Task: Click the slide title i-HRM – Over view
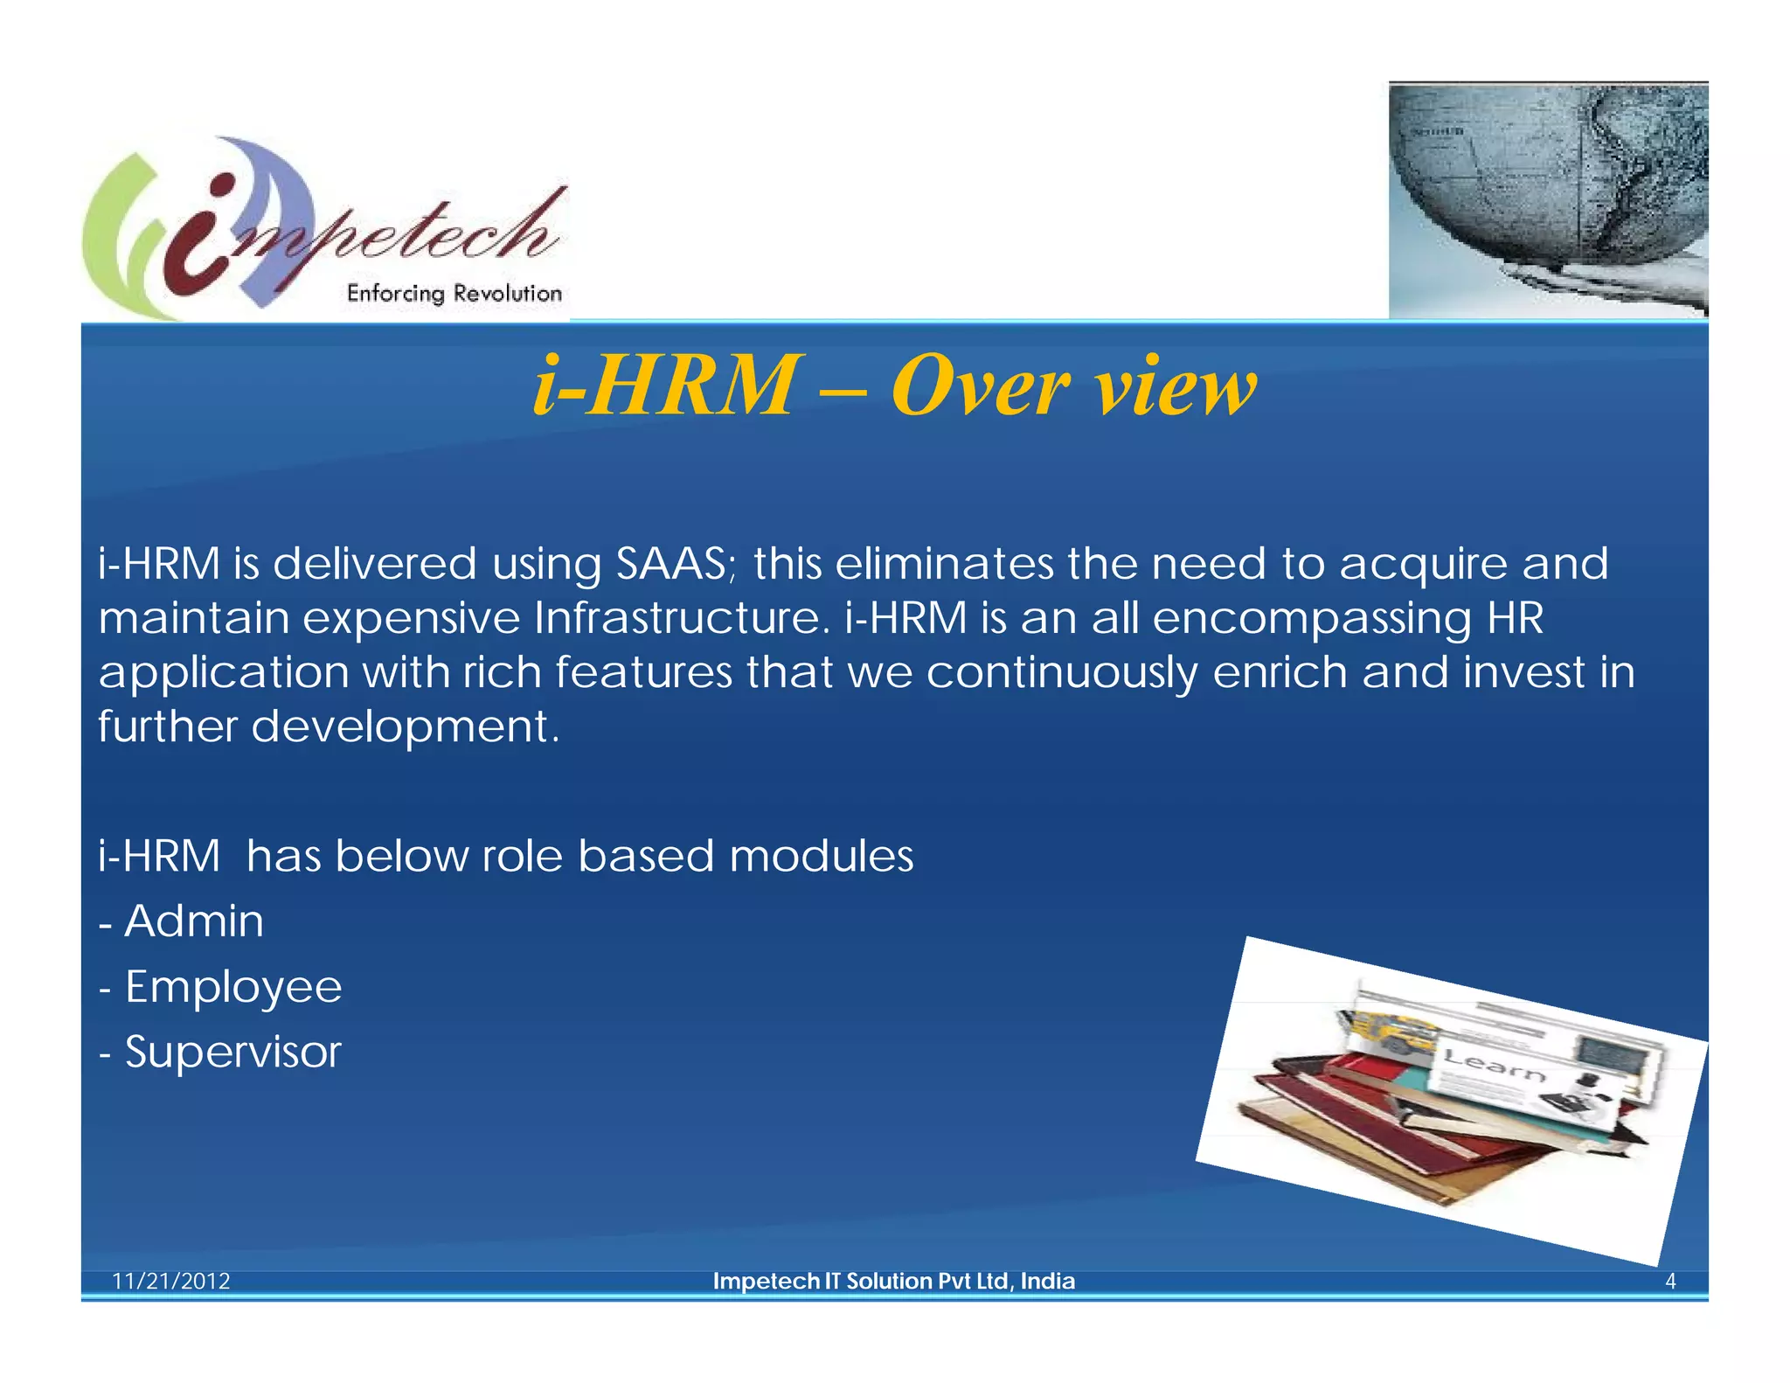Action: (894, 386)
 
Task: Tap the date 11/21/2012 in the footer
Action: (171, 1281)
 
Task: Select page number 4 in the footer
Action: (1669, 1281)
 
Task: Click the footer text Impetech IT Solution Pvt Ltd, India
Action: (893, 1281)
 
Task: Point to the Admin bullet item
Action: (193, 921)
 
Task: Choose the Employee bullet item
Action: (232, 987)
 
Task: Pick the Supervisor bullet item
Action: (232, 1052)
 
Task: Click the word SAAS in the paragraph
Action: (670, 564)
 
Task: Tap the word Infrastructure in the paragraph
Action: (678, 618)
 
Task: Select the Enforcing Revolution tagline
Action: (454, 293)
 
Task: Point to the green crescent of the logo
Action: (109, 236)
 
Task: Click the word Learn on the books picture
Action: (1493, 1065)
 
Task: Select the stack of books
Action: (1398, 1128)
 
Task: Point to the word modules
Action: (821, 856)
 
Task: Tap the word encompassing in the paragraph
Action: (1311, 619)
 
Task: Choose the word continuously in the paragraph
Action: (1061, 673)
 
